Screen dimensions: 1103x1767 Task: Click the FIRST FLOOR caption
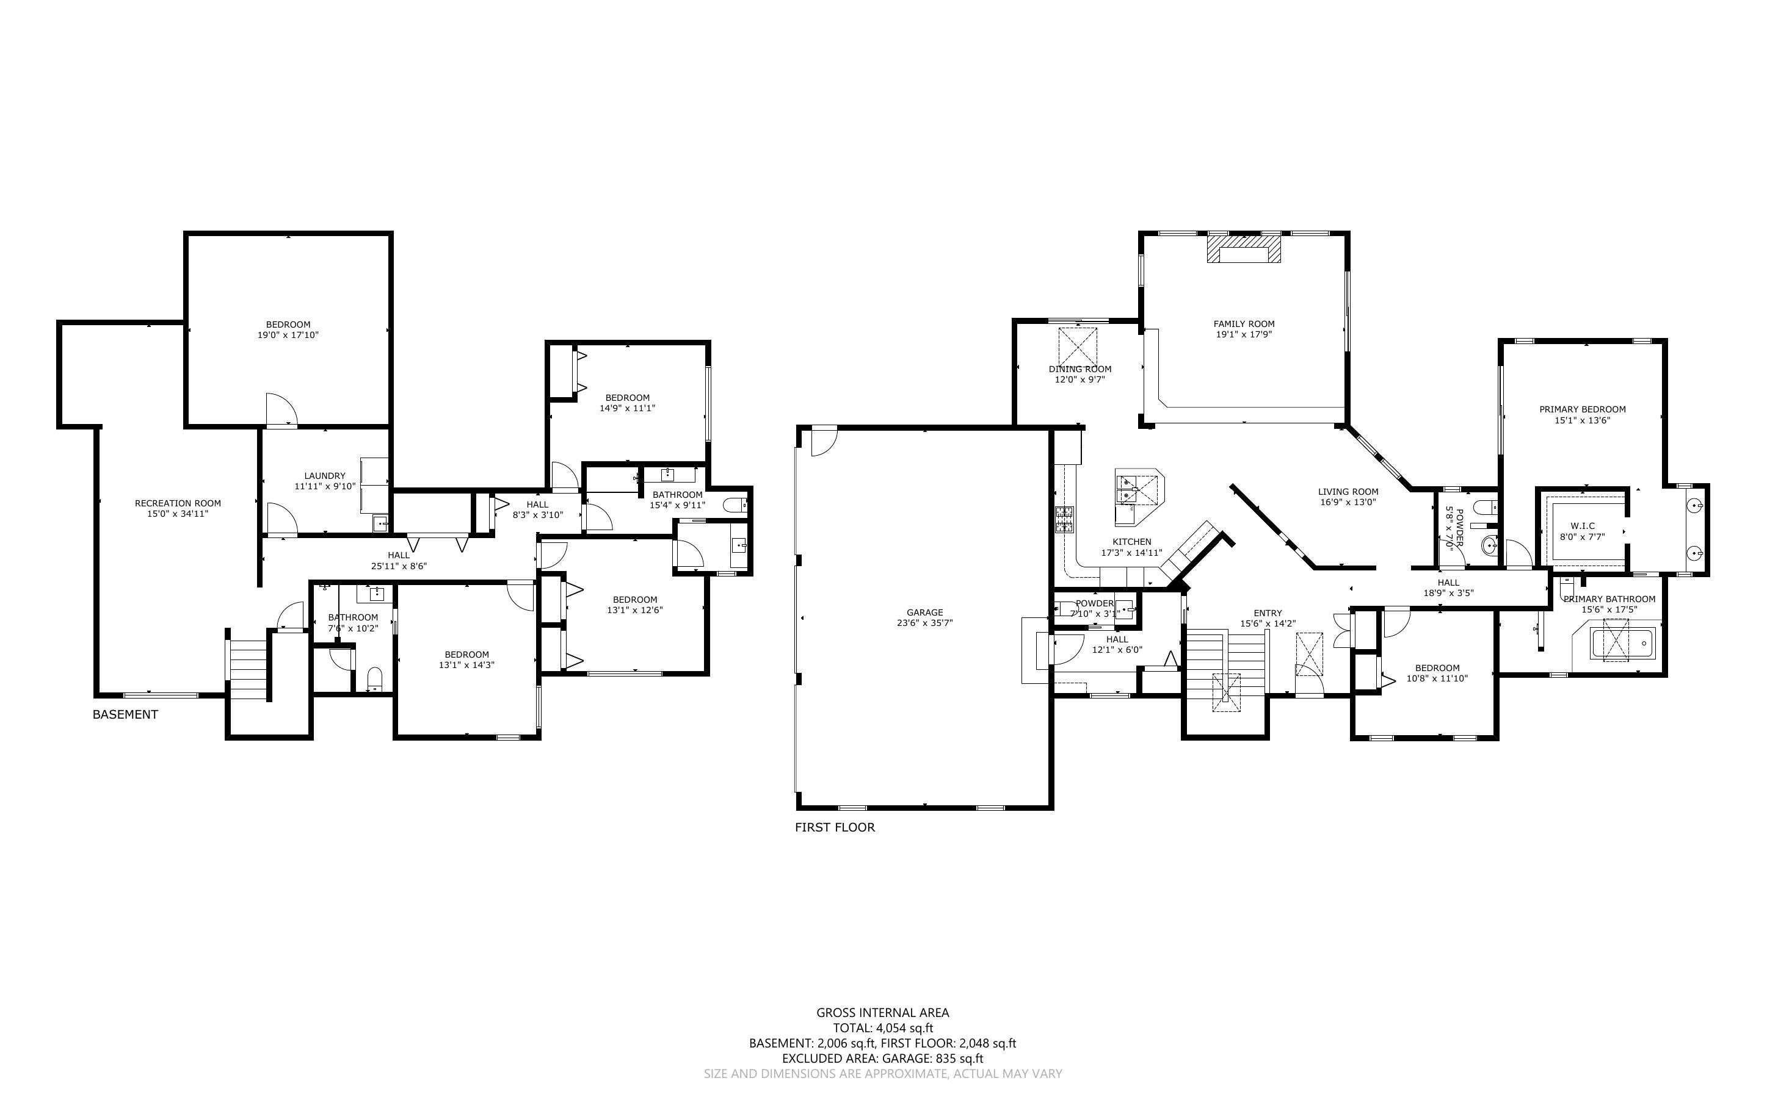tap(834, 827)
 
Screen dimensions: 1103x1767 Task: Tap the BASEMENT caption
tap(125, 715)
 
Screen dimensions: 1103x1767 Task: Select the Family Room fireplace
tap(1244, 250)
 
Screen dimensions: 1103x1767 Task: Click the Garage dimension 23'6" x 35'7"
tap(925, 623)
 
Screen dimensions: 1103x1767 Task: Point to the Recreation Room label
tap(177, 503)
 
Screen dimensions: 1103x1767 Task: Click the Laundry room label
tap(325, 476)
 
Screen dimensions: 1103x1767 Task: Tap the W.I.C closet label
tap(1583, 526)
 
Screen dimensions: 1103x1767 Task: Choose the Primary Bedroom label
tap(1583, 410)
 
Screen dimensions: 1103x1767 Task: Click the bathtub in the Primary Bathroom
tap(1622, 644)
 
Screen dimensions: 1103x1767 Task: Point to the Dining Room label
tap(1079, 369)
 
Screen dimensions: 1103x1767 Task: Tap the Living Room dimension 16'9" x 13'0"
tap(1348, 503)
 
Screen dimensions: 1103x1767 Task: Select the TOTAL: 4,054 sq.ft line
tap(882, 1028)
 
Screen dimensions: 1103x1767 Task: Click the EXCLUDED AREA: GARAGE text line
tap(882, 1058)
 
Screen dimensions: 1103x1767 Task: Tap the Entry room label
tap(1268, 614)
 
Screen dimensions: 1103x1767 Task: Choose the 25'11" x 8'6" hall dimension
tap(399, 566)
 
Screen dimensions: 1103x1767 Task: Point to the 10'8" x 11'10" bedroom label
tap(1437, 668)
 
